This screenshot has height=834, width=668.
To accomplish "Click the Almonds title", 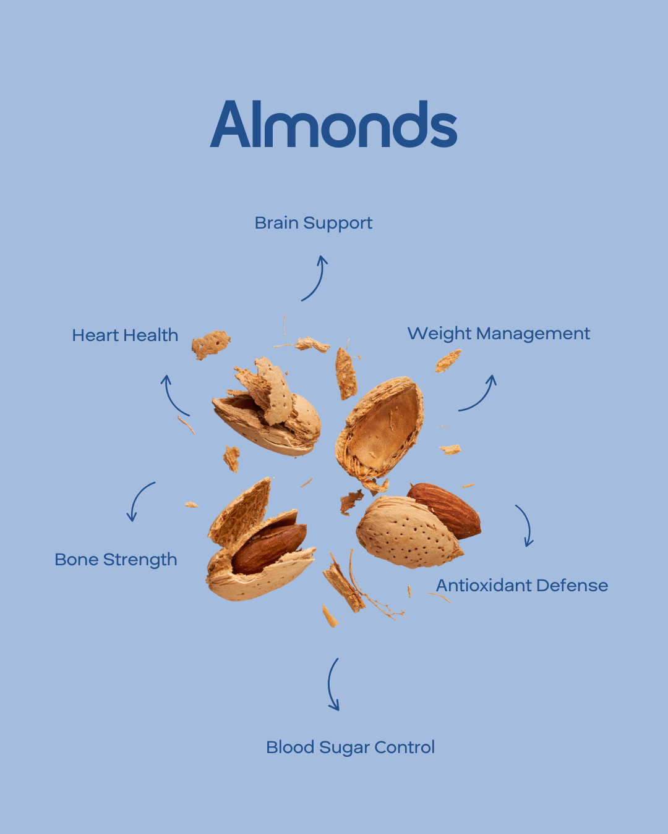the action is tap(333, 124).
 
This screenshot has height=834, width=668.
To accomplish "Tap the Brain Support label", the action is tap(313, 223).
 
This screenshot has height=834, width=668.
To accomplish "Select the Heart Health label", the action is tap(125, 335).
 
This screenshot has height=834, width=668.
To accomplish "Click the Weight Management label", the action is tap(499, 334).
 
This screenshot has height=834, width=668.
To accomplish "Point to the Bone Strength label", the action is tap(116, 560).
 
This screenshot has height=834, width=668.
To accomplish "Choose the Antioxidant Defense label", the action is tap(521, 585).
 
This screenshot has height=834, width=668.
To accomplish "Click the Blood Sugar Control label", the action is tap(350, 748).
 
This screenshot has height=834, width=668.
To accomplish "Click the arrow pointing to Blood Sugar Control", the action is tap(329, 684).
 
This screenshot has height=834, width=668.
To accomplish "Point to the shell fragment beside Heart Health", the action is tap(211, 345).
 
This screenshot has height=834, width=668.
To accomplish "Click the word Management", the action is tap(533, 334).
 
